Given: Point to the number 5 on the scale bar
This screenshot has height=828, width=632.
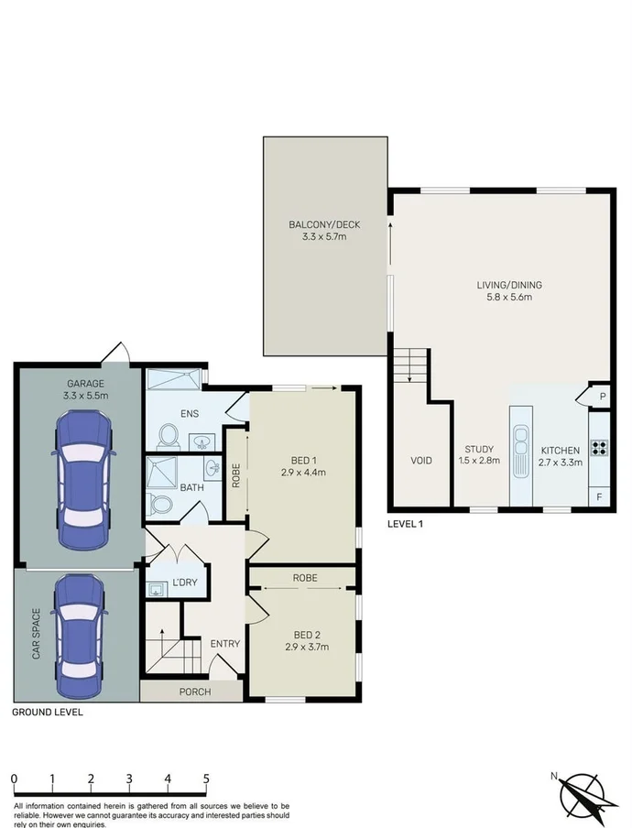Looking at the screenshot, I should [x=206, y=779].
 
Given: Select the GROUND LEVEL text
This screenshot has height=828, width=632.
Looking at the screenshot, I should [x=47, y=711].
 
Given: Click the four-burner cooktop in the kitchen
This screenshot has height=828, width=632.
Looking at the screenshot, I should [x=600, y=448].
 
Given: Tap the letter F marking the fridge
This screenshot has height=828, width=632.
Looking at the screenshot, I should [x=601, y=497].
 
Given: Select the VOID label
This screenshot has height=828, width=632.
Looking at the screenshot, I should [x=421, y=460].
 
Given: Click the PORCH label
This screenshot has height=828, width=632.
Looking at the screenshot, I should [x=194, y=692].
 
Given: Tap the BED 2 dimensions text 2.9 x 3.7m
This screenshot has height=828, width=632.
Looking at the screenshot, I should [x=305, y=647].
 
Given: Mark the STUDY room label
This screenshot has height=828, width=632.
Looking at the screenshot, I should [x=479, y=449].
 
